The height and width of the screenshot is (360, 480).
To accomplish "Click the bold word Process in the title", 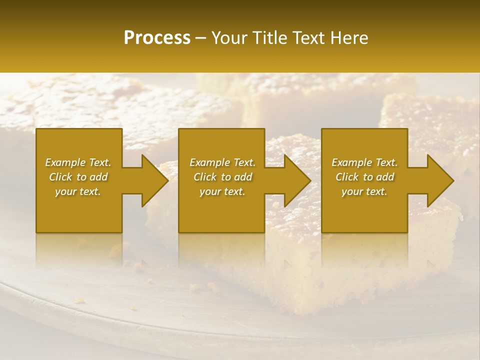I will [x=157, y=38].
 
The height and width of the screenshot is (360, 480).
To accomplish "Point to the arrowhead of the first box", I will [x=154, y=180].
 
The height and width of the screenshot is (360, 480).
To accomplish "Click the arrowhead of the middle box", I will [x=297, y=180].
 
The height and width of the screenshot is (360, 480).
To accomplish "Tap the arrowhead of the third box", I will [x=440, y=180].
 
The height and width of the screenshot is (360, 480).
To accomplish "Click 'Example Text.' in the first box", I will [x=78, y=162].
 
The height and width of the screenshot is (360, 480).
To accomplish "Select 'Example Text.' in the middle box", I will [x=222, y=162].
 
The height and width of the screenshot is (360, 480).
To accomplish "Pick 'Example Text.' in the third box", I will [x=364, y=162].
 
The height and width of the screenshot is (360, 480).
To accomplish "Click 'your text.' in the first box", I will [x=78, y=191].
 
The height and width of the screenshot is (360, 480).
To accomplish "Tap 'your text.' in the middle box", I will [x=222, y=191].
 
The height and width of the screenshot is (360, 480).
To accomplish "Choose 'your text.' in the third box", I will [x=364, y=191].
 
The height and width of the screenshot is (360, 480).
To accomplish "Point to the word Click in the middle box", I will [x=205, y=177].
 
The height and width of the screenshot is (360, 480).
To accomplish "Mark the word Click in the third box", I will [x=347, y=177].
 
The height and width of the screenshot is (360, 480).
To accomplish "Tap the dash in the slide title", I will [x=201, y=38].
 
